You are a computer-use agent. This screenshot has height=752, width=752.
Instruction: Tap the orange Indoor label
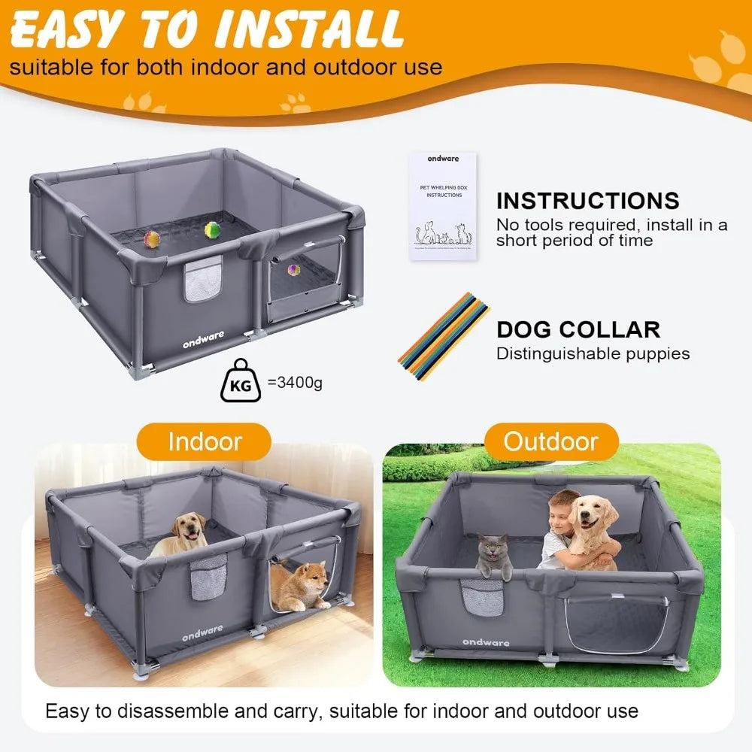pos(205,441)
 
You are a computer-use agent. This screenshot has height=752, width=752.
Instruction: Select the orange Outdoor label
pos(551,441)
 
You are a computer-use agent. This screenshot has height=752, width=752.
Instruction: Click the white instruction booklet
pos(443,205)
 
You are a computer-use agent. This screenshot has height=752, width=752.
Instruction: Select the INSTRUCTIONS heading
pos(587,201)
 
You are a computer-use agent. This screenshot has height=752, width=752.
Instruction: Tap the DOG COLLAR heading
pos(578,329)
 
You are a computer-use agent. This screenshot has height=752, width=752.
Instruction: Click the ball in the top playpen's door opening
pos(293,268)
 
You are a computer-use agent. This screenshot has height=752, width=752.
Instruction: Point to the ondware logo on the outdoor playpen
pos(486,642)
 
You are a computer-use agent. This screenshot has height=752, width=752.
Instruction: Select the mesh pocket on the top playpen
pos(203,279)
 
